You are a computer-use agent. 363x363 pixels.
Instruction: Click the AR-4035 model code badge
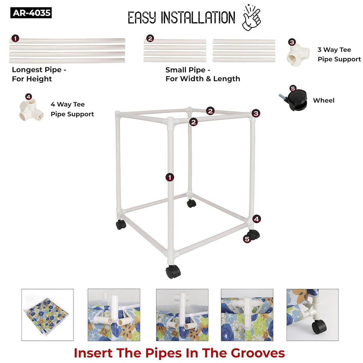[31, 13]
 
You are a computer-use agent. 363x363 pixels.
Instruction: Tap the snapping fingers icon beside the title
[252, 18]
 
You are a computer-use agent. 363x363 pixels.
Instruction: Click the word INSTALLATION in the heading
[198, 18]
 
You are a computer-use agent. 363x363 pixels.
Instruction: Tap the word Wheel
[324, 100]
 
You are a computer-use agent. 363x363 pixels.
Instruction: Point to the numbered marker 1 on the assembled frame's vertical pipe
[170, 177]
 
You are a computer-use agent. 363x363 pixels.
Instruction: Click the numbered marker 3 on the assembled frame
[256, 113]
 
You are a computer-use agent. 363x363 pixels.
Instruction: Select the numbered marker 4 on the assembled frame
[257, 219]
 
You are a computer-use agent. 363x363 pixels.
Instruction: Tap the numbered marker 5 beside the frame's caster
[247, 239]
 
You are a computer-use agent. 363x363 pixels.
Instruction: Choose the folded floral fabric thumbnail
[47, 315]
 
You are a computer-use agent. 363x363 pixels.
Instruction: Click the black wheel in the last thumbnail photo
[319, 327]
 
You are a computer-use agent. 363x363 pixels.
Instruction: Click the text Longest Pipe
[37, 70]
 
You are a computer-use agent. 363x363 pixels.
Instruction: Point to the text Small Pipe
[185, 70]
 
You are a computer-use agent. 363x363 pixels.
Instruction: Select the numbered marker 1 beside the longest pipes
[15, 38]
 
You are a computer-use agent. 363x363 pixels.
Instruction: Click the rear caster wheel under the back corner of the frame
[191, 204]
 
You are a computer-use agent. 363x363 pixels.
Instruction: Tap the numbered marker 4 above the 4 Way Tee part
[28, 97]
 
